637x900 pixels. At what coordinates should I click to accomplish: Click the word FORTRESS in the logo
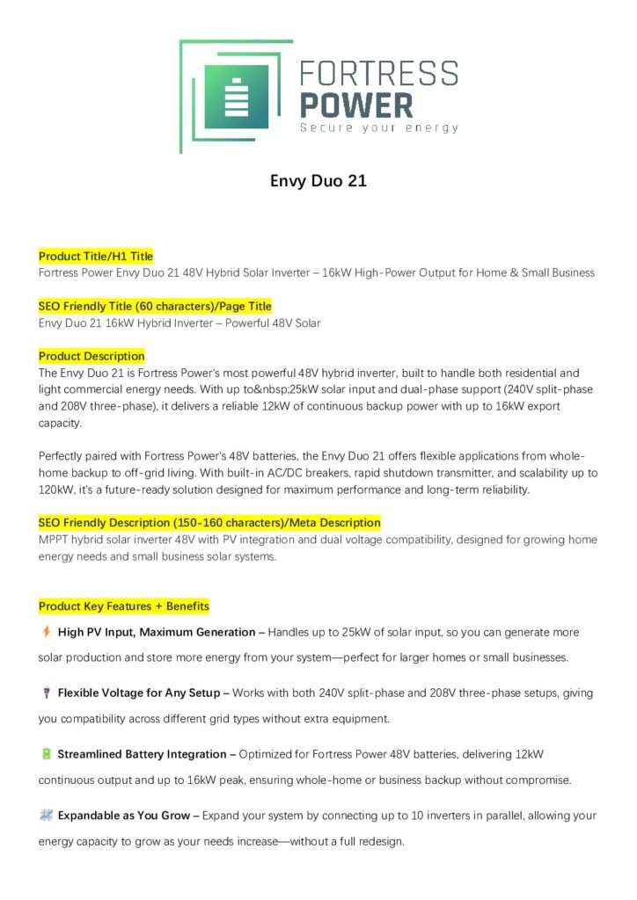coord(379,73)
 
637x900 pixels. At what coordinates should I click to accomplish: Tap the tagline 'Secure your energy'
coord(379,128)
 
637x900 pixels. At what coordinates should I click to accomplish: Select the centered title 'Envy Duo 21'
coord(318,182)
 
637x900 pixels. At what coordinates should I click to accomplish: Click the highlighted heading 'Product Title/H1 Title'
coord(96,256)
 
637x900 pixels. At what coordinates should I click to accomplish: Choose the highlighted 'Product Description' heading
coord(92,356)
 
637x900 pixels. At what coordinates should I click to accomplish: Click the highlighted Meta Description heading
coord(209,522)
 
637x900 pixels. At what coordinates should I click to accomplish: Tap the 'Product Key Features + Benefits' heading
coord(124,606)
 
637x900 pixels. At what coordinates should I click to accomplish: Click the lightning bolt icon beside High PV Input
coord(46,631)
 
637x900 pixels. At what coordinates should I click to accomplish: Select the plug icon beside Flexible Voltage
coord(46,693)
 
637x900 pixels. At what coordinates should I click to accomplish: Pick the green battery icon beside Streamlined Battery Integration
coord(46,754)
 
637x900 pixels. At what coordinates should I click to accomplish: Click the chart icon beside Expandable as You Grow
coord(46,816)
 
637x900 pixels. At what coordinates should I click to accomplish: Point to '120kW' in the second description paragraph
coord(55,490)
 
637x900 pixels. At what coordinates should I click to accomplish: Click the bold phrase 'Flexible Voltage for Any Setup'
coord(138,693)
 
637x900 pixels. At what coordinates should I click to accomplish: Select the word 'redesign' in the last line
coord(378,841)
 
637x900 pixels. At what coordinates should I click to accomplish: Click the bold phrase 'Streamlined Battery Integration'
coord(143,754)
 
